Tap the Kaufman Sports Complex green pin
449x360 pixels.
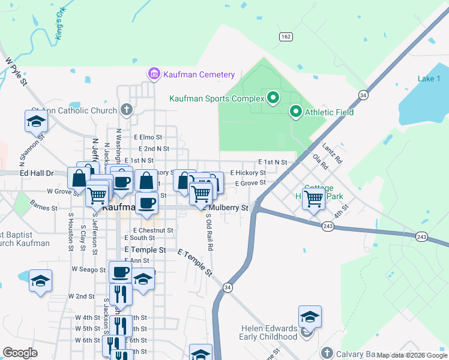click(x=273, y=97)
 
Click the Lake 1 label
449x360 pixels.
click(x=429, y=79)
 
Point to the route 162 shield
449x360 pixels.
click(x=286, y=37)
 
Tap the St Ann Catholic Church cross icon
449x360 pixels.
click(x=125, y=110)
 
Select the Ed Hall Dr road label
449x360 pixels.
click(x=37, y=173)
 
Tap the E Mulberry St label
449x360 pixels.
click(x=227, y=208)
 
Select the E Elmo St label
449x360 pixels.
click(x=148, y=137)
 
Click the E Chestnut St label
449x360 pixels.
click(x=153, y=230)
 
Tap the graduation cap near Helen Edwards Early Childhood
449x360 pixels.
click(x=310, y=316)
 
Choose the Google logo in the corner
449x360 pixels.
click(x=20, y=353)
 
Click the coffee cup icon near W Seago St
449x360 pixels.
click(x=120, y=272)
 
